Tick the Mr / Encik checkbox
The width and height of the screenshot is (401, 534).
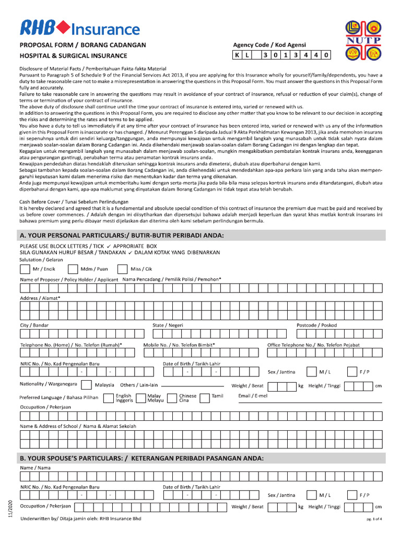(25, 269)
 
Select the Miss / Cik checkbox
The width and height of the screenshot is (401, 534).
(122, 269)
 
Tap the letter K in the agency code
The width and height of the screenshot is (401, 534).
(237, 55)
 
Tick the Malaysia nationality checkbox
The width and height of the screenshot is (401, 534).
(88, 385)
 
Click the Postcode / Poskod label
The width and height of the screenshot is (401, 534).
(316, 325)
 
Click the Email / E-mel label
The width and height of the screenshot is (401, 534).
(253, 396)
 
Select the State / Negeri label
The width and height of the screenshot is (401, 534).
(168, 325)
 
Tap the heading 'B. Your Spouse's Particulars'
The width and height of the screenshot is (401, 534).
(142, 458)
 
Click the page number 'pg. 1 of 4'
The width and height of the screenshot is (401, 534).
(374, 519)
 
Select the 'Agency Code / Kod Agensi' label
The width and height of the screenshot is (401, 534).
(269, 45)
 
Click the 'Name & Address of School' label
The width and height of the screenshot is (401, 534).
(78, 426)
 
